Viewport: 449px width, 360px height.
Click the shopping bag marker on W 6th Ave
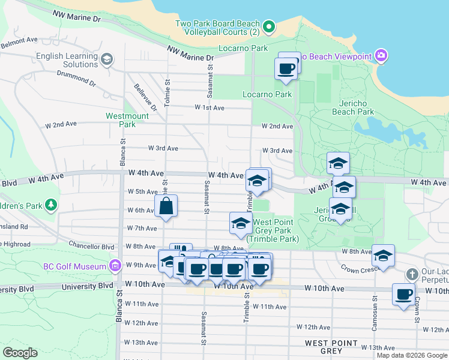point(166,206)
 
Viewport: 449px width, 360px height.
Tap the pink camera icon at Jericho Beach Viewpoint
point(382,56)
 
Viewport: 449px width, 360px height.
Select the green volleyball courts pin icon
point(270,26)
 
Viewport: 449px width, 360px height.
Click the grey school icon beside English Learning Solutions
point(107,58)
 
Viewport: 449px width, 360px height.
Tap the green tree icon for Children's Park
point(52,206)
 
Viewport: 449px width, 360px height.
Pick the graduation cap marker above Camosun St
point(383,256)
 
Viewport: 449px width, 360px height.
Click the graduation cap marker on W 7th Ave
point(241,223)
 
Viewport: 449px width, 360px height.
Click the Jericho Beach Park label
point(353,107)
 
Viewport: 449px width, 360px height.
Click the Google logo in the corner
point(20,353)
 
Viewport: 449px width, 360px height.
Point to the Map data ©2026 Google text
point(411,355)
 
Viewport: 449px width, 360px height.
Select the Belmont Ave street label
point(19,43)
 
